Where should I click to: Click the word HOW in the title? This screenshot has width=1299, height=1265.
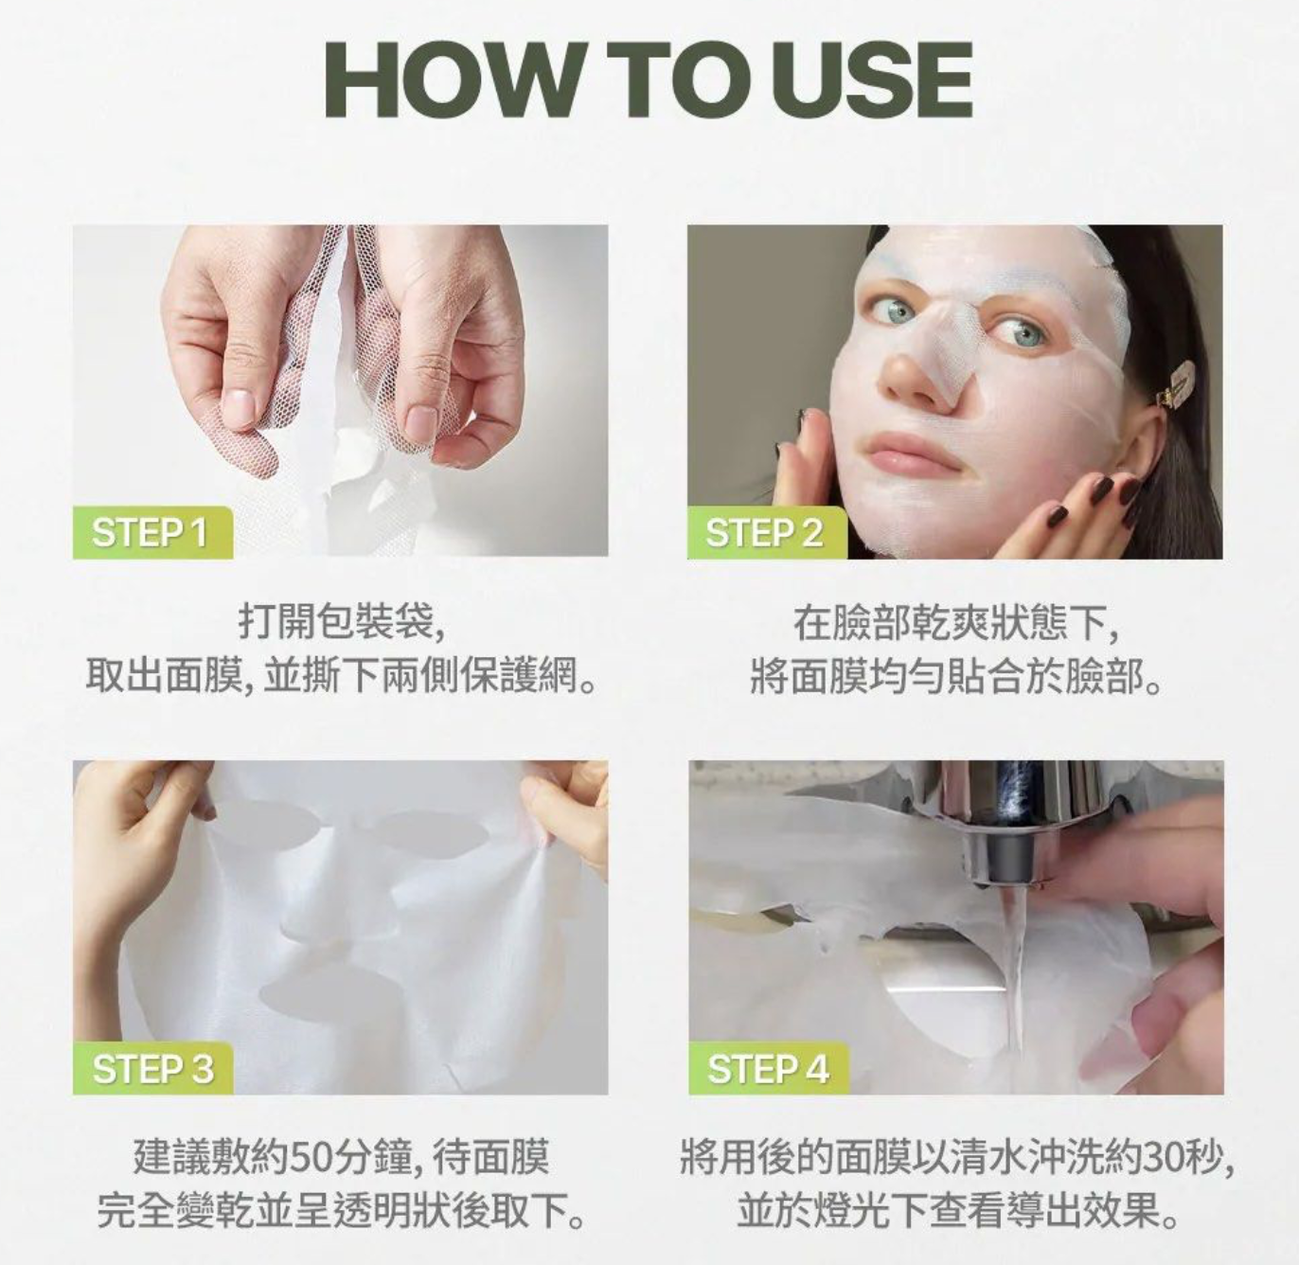(x=453, y=80)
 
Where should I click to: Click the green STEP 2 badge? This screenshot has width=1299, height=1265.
(x=767, y=533)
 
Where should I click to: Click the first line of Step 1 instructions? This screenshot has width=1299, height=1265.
(x=341, y=621)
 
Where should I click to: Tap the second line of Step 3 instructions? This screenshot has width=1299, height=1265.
(x=341, y=1211)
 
